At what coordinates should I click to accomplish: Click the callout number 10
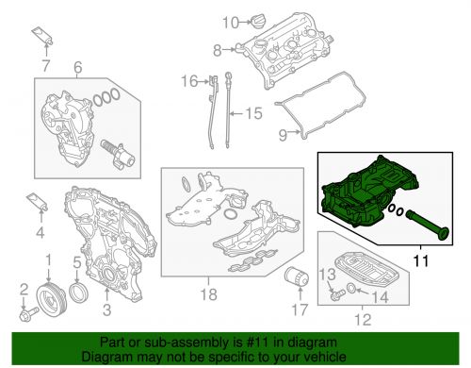(231, 23)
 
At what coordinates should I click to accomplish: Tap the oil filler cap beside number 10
(257, 22)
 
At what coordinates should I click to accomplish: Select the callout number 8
(218, 50)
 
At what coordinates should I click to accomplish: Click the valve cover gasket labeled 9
(320, 106)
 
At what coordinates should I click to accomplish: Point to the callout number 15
(253, 113)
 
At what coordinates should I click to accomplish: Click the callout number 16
(189, 81)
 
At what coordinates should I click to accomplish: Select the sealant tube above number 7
(42, 36)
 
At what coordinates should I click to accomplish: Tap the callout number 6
(77, 67)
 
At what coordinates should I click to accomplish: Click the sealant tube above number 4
(37, 201)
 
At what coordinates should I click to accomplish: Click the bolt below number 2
(28, 313)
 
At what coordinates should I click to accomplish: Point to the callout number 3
(107, 309)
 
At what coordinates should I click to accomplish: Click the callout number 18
(208, 294)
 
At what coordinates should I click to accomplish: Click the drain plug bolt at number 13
(337, 294)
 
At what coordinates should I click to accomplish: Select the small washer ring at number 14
(351, 288)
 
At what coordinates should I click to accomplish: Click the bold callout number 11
(421, 260)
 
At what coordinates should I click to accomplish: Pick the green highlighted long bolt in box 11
(428, 226)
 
